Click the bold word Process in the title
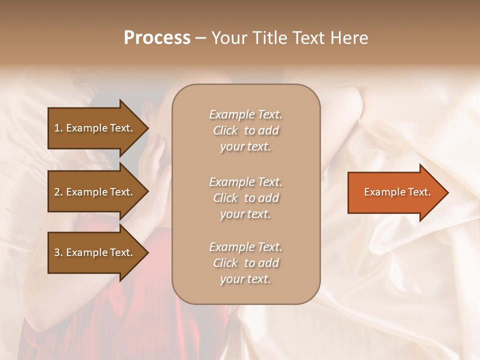tap(157, 38)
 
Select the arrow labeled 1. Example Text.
tap(95, 128)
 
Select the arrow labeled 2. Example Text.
tap(95, 192)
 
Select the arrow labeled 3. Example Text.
tap(95, 252)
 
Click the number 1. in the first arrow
tap(58, 128)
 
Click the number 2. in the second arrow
tap(58, 192)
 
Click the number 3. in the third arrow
tap(58, 252)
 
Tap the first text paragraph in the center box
tap(246, 130)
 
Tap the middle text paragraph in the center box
tap(246, 198)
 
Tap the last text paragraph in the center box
tap(246, 263)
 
